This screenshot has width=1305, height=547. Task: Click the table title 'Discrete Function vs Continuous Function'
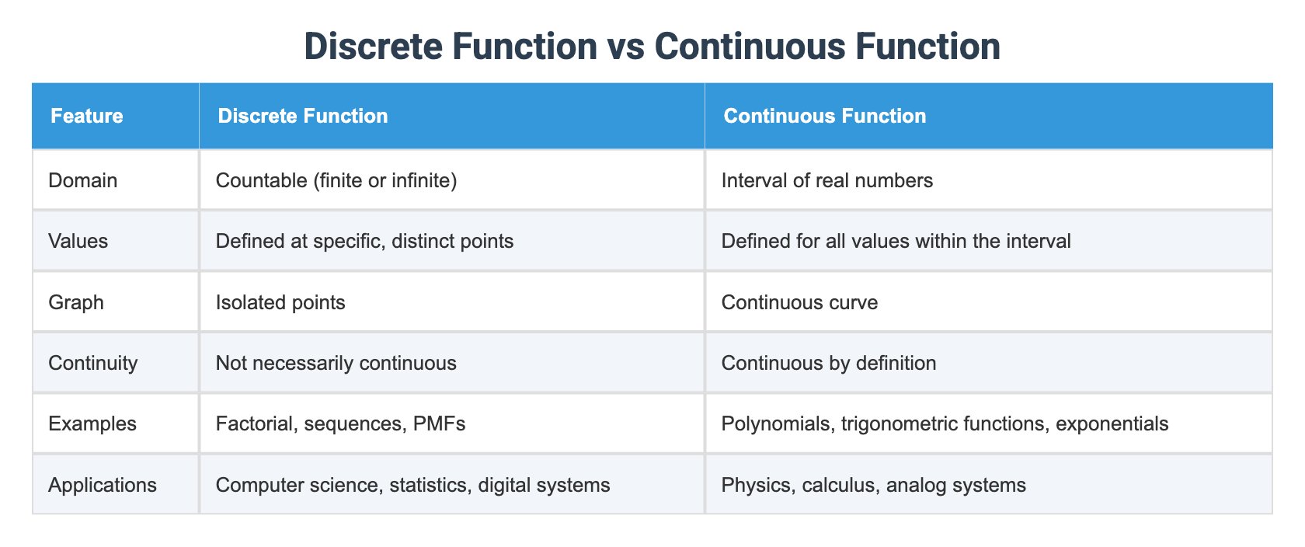click(x=652, y=47)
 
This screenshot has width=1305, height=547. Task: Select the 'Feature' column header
click(x=86, y=117)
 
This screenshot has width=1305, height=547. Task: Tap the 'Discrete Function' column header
click(x=303, y=117)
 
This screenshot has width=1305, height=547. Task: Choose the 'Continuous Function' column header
click(x=824, y=117)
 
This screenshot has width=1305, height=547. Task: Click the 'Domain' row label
click(x=83, y=181)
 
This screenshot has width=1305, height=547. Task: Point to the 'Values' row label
click(x=78, y=242)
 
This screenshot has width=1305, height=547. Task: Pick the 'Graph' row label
click(x=76, y=302)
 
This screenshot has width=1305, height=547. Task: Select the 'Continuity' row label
click(x=93, y=363)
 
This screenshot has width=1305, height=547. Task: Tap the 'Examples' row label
click(x=92, y=424)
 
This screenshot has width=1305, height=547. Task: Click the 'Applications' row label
click(x=103, y=486)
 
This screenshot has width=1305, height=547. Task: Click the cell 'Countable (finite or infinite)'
click(x=336, y=181)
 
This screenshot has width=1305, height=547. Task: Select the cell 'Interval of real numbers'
click(x=826, y=181)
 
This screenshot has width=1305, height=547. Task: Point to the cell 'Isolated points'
click(x=280, y=302)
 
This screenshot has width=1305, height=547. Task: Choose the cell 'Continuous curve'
click(x=799, y=302)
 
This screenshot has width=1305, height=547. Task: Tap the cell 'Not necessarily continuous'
click(x=336, y=363)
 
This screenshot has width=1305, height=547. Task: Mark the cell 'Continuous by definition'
click(x=829, y=363)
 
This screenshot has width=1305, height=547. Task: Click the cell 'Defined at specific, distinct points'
click(x=364, y=242)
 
